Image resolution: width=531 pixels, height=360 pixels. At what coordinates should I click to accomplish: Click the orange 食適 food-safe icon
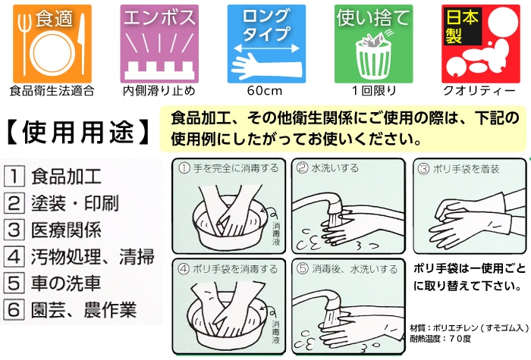52,44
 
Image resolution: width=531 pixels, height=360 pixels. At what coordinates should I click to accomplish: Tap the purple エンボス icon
159,44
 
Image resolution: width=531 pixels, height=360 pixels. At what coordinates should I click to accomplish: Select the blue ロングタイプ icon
266,44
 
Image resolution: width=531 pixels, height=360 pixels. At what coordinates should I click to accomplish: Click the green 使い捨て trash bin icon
373,44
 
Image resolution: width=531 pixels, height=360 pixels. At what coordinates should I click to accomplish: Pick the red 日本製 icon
480,44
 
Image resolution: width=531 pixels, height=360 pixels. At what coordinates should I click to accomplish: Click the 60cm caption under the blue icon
265,91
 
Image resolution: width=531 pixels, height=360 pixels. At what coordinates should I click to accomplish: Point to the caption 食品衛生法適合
52,91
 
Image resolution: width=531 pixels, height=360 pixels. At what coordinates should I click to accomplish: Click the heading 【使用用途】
77,132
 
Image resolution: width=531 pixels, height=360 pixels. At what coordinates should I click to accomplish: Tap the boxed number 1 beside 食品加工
14,177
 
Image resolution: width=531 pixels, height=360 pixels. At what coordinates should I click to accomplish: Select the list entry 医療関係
67,230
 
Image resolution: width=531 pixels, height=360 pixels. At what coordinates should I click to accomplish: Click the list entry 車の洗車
66,283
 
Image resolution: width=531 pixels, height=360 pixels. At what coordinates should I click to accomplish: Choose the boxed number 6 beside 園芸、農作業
14,309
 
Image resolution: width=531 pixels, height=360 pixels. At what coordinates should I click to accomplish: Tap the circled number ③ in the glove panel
423,168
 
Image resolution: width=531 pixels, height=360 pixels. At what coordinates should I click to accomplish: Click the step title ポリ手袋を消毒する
235,269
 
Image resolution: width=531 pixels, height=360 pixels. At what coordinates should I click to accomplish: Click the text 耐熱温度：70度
441,339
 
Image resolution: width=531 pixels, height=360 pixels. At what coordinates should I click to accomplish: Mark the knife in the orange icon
81,45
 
